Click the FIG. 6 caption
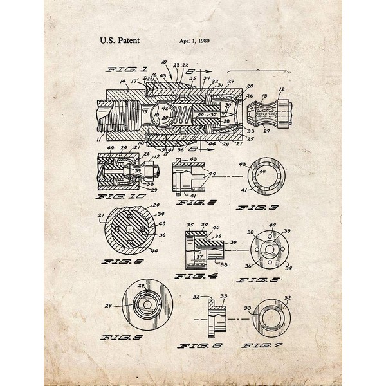[x=196, y=345]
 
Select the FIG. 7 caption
[x=261, y=345]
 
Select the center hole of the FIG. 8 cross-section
[x=129, y=230]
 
